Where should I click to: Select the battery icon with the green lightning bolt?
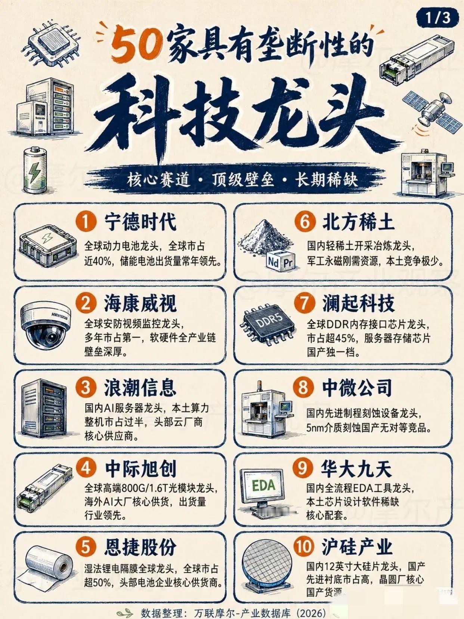[x=35, y=170]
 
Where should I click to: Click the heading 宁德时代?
[x=140, y=222]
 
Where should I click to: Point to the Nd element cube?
[x=273, y=262]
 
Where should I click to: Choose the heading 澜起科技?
[x=358, y=304]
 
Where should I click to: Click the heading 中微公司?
[x=357, y=387]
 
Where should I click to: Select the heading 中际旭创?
[x=141, y=469]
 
